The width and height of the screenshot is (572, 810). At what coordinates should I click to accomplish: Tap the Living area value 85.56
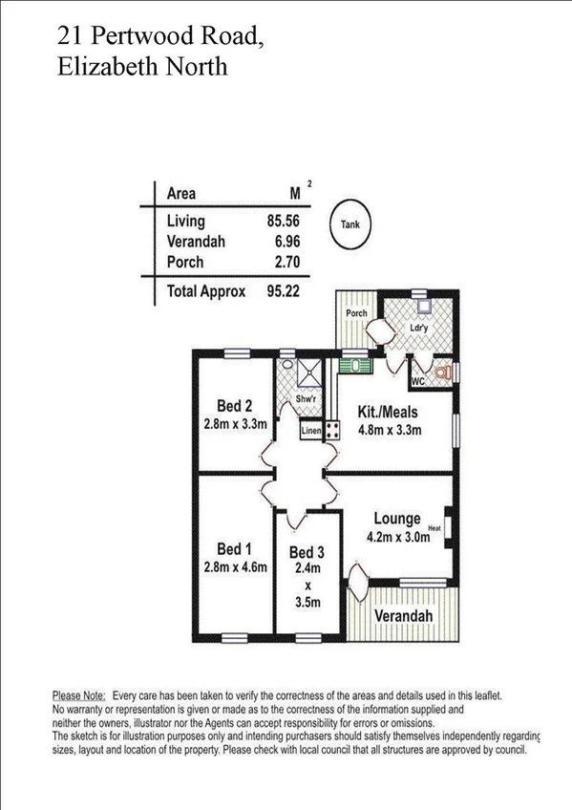(x=283, y=222)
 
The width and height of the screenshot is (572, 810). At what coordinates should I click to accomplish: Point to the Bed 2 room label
(x=234, y=405)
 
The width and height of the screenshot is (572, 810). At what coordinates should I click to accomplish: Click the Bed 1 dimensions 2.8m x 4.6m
(x=234, y=567)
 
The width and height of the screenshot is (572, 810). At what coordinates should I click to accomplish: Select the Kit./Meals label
(x=389, y=413)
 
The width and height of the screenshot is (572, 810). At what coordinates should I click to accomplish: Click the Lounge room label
(x=396, y=519)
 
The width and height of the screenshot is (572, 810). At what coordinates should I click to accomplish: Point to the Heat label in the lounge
(x=434, y=526)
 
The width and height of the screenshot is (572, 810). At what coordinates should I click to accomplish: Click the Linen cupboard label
(x=310, y=432)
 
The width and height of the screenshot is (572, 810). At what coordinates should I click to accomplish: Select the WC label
(x=416, y=382)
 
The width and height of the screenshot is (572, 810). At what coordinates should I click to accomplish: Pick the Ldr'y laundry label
(x=417, y=327)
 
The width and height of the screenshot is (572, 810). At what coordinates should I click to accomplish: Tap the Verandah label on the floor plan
(x=402, y=616)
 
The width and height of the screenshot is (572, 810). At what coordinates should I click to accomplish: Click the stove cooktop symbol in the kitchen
(x=332, y=431)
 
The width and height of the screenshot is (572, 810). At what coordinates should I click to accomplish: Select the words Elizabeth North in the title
(x=142, y=67)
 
